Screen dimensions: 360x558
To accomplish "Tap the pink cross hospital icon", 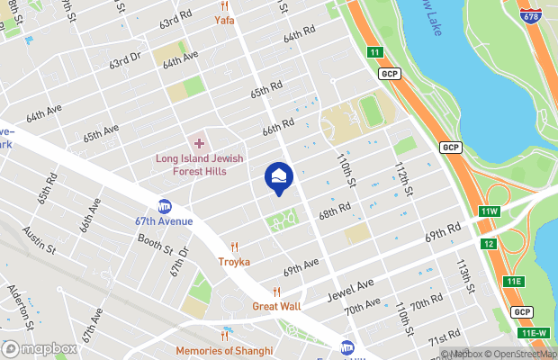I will [199, 144].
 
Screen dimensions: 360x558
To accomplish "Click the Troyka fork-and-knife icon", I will [234, 247].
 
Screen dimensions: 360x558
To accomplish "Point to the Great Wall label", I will [276, 305].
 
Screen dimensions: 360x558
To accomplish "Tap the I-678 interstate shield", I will [531, 15].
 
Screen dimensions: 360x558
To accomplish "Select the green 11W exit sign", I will [489, 211].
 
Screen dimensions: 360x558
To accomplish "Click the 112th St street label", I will [402, 180].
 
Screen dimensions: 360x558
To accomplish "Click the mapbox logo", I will [40, 348].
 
